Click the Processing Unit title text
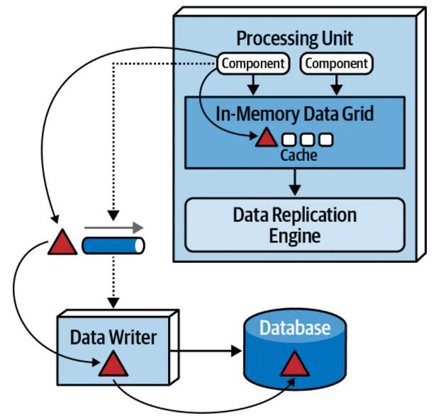coord(295,38)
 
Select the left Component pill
coord(253,64)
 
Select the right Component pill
coord(335,64)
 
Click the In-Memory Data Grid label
coord(295,113)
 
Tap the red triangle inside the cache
coord(267,137)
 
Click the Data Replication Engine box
coord(295,225)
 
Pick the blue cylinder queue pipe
coord(113,246)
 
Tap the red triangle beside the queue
coord(62,244)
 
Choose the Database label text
coord(294,328)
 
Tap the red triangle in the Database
coord(294,363)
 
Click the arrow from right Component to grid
coord(336,84)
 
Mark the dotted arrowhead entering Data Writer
coord(111,303)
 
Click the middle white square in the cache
coord(309,139)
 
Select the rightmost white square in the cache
coord(325,139)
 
